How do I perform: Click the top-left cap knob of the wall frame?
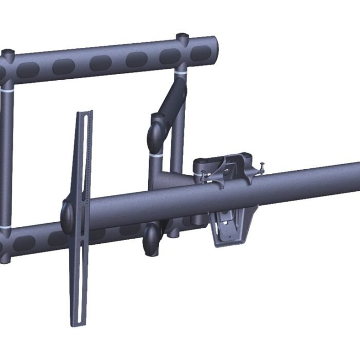(x=8, y=52)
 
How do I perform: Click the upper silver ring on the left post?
(x=7, y=88)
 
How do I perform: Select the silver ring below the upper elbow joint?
(x=157, y=153)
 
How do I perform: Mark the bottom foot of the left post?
(x=5, y=257)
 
